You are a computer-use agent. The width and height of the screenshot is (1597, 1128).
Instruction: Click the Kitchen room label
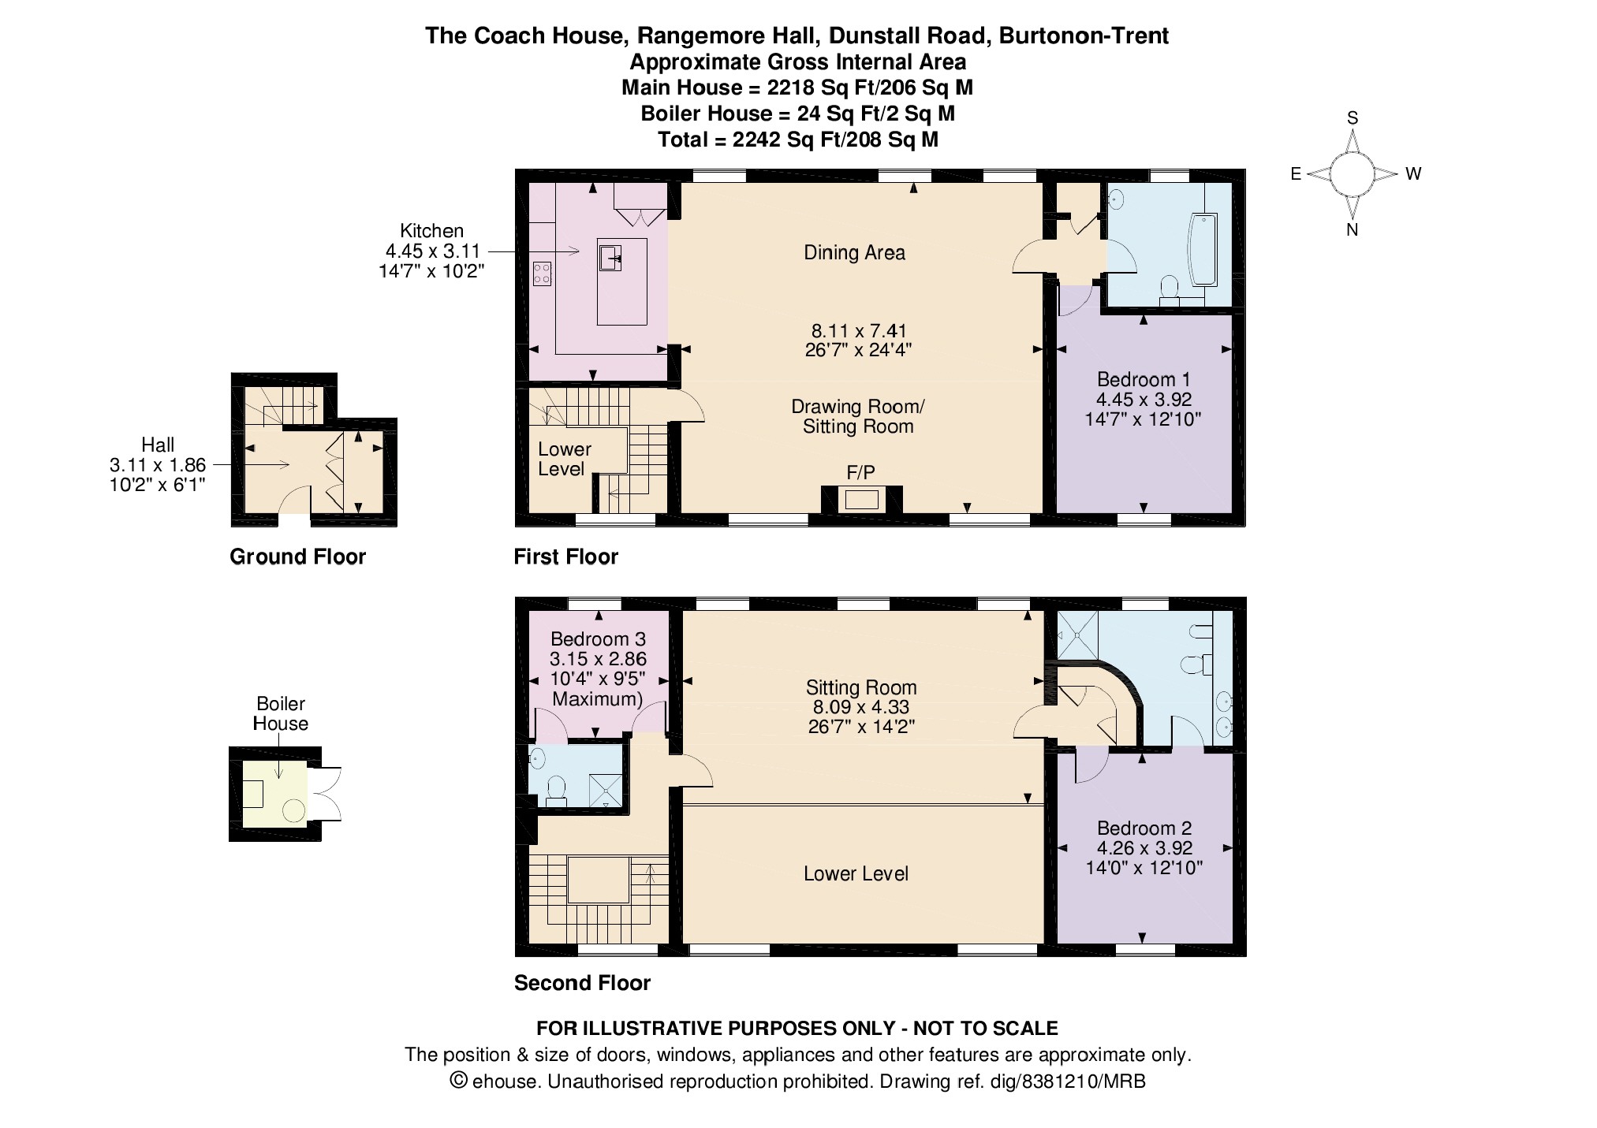click(431, 231)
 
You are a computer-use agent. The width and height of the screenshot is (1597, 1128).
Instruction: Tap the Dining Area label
click(854, 253)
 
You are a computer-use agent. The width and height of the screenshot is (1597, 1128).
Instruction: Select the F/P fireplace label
click(860, 473)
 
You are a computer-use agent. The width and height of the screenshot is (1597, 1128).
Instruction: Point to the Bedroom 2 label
click(1144, 828)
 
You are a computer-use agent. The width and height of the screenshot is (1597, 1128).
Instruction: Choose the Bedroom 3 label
click(597, 638)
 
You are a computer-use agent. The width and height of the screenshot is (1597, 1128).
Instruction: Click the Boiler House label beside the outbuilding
click(281, 714)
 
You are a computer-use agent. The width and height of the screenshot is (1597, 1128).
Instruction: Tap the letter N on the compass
click(1352, 230)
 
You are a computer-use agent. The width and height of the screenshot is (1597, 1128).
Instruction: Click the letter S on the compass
click(1353, 118)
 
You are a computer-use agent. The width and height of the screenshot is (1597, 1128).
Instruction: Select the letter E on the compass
click(1296, 174)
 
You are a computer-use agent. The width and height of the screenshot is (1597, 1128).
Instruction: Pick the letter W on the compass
click(1413, 174)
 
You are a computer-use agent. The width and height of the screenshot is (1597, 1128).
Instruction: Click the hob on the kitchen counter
click(542, 274)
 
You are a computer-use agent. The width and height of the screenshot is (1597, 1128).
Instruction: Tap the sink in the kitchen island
click(610, 257)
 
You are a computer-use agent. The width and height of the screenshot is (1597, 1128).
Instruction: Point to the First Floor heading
click(566, 557)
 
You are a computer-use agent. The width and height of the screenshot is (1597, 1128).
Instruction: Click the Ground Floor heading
click(298, 557)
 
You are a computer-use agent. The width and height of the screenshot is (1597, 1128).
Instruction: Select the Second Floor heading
click(583, 983)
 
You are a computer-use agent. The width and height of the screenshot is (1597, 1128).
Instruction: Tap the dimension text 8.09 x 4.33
click(861, 707)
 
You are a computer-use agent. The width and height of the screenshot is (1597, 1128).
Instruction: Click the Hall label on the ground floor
click(158, 445)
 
